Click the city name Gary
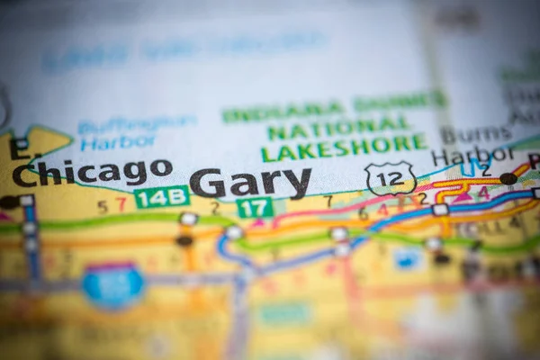[250, 182]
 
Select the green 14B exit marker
[162, 196]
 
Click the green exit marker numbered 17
[255, 208]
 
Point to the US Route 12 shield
[391, 178]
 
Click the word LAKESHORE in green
[345, 145]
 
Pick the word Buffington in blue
[137, 123]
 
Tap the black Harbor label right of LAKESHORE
[472, 155]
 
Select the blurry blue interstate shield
[113, 284]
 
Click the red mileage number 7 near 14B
[121, 205]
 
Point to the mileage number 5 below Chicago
[103, 206]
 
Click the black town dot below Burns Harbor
[508, 178]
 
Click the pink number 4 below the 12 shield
[382, 211]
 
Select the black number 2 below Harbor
[486, 170]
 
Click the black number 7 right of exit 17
[328, 201]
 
